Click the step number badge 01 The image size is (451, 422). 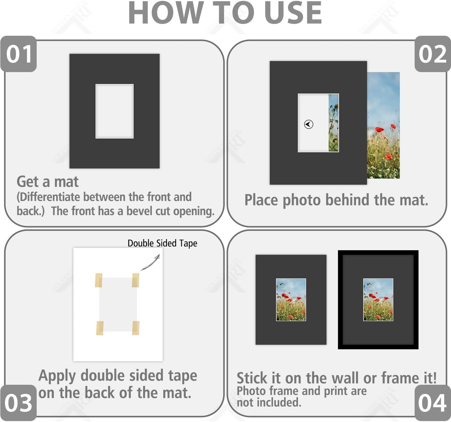pyautogui.click(x=19, y=54)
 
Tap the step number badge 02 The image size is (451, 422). pyautogui.click(x=433, y=54)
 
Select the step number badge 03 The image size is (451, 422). pyautogui.click(x=19, y=403)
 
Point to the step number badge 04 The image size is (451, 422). pyautogui.click(x=433, y=403)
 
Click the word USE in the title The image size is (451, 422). pyautogui.click(x=293, y=13)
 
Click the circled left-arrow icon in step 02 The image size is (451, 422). pyautogui.click(x=308, y=124)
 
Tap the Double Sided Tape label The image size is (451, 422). pyautogui.click(x=162, y=244)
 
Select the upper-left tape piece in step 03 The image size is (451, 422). pyautogui.click(x=99, y=281)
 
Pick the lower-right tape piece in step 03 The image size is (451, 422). pyautogui.click(x=136, y=328)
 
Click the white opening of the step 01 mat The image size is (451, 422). pyautogui.click(x=115, y=111)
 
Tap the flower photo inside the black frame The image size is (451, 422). pyautogui.click(x=378, y=300)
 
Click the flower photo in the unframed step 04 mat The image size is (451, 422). pyautogui.click(x=291, y=300)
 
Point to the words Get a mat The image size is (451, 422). pyautogui.click(x=48, y=182)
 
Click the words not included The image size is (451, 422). pyautogui.click(x=269, y=403)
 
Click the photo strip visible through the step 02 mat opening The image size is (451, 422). pyautogui.click(x=334, y=123)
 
